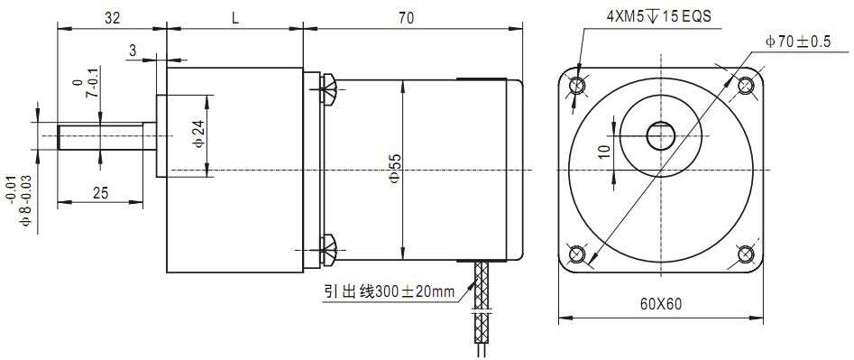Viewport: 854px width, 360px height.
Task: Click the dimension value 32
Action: pos(112,18)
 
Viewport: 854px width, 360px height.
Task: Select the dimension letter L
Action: pos(235,18)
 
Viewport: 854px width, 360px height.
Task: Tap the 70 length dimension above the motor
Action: pos(406,18)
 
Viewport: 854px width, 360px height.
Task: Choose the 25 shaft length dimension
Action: pos(100,192)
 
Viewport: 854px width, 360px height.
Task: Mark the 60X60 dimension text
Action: pos(661,304)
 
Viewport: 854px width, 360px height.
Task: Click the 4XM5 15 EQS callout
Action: pos(659,16)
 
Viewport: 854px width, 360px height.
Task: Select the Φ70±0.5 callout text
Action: pos(798,42)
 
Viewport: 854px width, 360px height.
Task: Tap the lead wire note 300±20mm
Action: pos(390,292)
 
